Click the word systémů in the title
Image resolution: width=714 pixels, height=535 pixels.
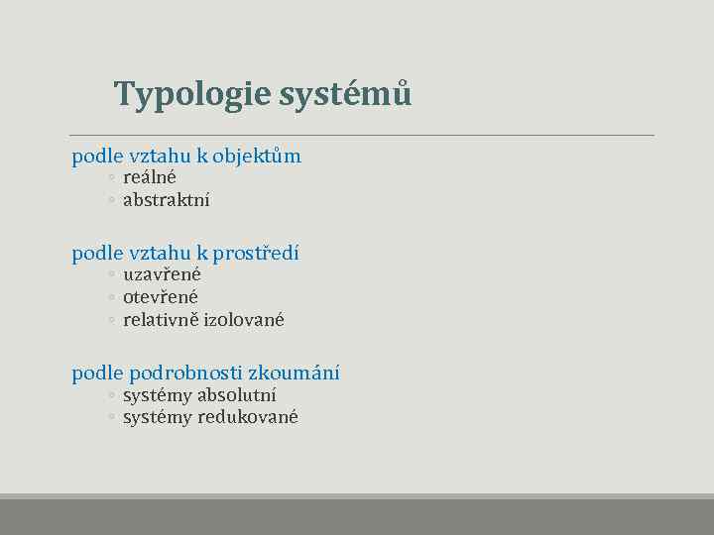tap(345, 94)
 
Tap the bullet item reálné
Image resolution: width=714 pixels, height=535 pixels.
tap(150, 177)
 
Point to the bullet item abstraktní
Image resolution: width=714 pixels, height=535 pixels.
tap(166, 199)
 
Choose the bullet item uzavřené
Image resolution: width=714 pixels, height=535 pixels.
tap(162, 274)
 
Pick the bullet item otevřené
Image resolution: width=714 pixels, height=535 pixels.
tap(161, 296)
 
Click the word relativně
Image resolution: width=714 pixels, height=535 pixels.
tap(161, 319)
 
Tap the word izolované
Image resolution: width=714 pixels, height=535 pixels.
tap(244, 319)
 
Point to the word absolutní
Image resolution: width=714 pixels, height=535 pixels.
tap(237, 395)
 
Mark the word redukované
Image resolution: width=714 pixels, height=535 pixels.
tap(248, 417)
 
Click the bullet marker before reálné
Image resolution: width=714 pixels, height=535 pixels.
tap(112, 178)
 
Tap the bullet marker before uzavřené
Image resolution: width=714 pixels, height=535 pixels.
tap(112, 275)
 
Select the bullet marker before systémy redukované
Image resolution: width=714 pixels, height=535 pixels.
tap(112, 418)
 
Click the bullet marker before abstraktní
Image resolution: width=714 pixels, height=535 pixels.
tap(112, 200)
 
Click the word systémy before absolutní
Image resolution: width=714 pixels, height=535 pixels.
tap(158, 395)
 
